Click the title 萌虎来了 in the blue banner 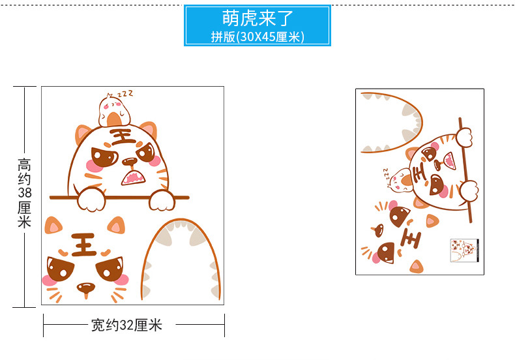pos(257,18)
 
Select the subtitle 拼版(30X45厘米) pos(257,37)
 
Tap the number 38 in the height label pos(24,192)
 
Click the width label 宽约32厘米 pos(126,325)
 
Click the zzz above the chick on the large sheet pos(125,94)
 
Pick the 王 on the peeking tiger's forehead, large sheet pos(122,136)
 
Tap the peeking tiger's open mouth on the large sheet pos(134,177)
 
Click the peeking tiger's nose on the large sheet pos(130,161)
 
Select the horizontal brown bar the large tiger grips pos(119,198)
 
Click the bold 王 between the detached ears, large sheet pos(83,245)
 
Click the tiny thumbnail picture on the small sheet pos(464,250)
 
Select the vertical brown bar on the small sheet pos(465,170)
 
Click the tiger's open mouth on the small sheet pos(449,160)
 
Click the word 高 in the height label pos(24,164)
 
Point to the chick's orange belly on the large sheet pos(114,120)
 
